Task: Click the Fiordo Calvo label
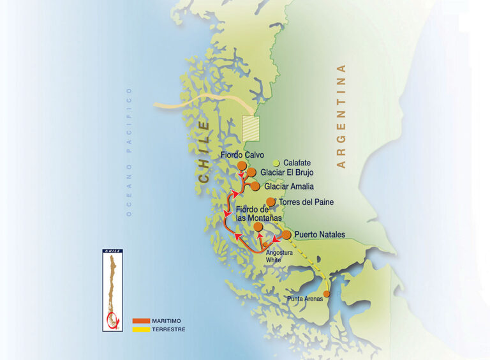pyautogui.click(x=242, y=155)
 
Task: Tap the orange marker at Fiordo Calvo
pyautogui.click(x=242, y=166)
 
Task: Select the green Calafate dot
pyautogui.click(x=276, y=163)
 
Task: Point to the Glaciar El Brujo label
pyautogui.click(x=286, y=172)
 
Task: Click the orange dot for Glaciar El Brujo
pyautogui.click(x=251, y=172)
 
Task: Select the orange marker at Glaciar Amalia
pyautogui.click(x=255, y=186)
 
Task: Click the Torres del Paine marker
pyautogui.click(x=271, y=202)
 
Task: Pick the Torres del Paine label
pyautogui.click(x=306, y=202)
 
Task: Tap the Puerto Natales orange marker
pyautogui.click(x=286, y=235)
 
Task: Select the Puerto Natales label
pyautogui.click(x=320, y=235)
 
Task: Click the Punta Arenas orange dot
pyautogui.click(x=327, y=294)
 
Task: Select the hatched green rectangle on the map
pyautogui.click(x=251, y=128)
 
